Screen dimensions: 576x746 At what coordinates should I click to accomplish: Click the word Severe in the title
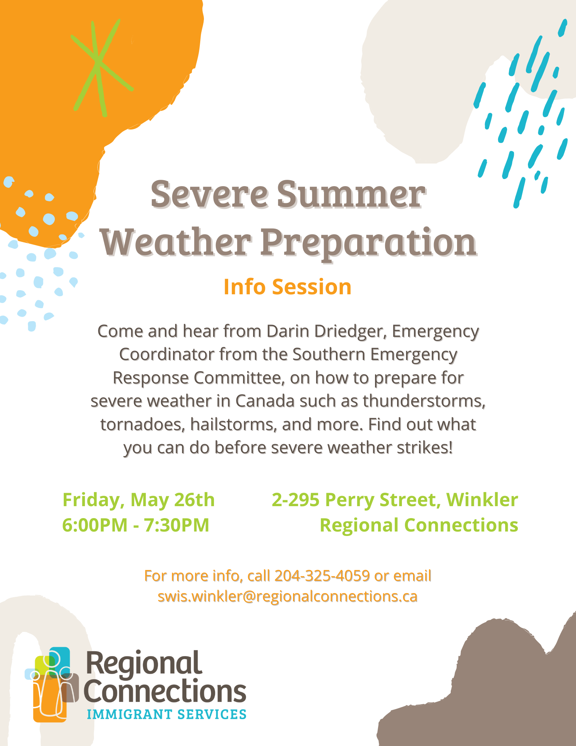pyautogui.click(x=210, y=194)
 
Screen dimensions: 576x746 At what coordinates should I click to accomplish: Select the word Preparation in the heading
pyautogui.click(x=369, y=244)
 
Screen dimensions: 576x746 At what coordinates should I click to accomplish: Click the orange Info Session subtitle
pyautogui.click(x=287, y=287)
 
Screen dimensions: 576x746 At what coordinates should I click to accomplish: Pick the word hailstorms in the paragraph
pyautogui.click(x=234, y=425)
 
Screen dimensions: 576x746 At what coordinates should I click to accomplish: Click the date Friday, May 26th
pyautogui.click(x=139, y=500)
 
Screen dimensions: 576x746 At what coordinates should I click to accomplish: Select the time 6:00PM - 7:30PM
pyautogui.click(x=136, y=525)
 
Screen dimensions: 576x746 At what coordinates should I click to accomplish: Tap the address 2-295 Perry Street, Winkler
pyautogui.click(x=395, y=500)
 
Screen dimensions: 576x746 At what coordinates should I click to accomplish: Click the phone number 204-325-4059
pyautogui.click(x=322, y=576)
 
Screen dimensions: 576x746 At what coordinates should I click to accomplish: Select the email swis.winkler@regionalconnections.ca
pyautogui.click(x=287, y=596)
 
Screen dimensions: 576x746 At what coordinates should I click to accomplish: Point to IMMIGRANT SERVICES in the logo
pyautogui.click(x=166, y=714)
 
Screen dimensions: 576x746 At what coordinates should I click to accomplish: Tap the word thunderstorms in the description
pyautogui.click(x=424, y=401)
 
